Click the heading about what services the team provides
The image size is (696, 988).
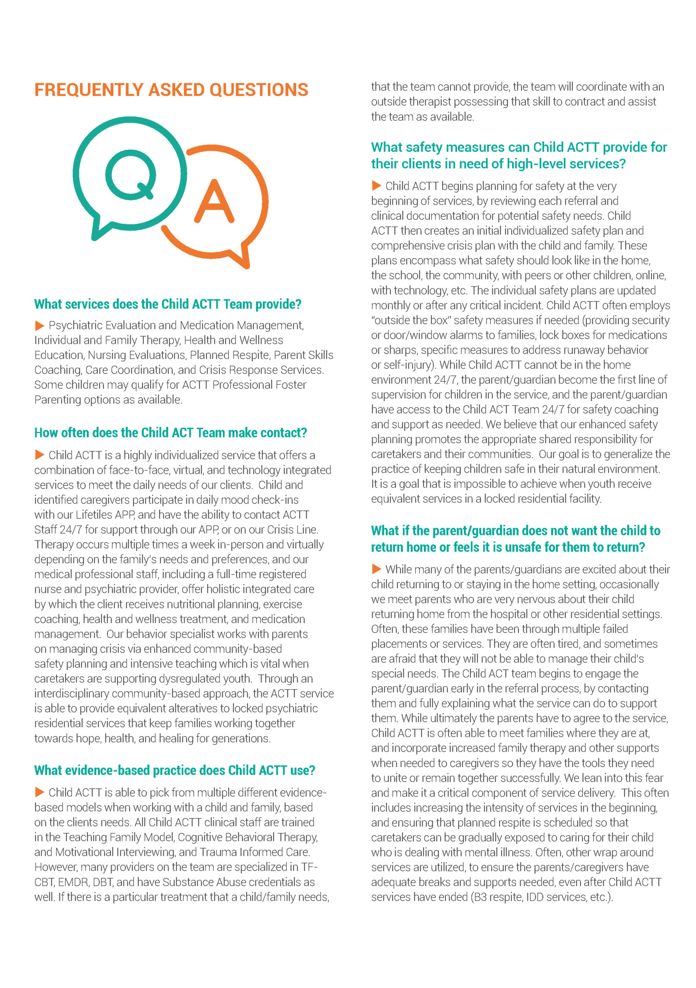(x=168, y=304)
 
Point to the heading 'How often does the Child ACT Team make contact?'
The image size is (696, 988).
(x=171, y=433)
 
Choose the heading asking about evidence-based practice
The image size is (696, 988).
(x=174, y=770)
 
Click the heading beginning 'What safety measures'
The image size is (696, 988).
(x=519, y=155)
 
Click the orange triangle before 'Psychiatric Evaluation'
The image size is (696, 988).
(x=39, y=325)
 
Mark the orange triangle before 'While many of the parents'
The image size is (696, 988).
(x=376, y=569)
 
